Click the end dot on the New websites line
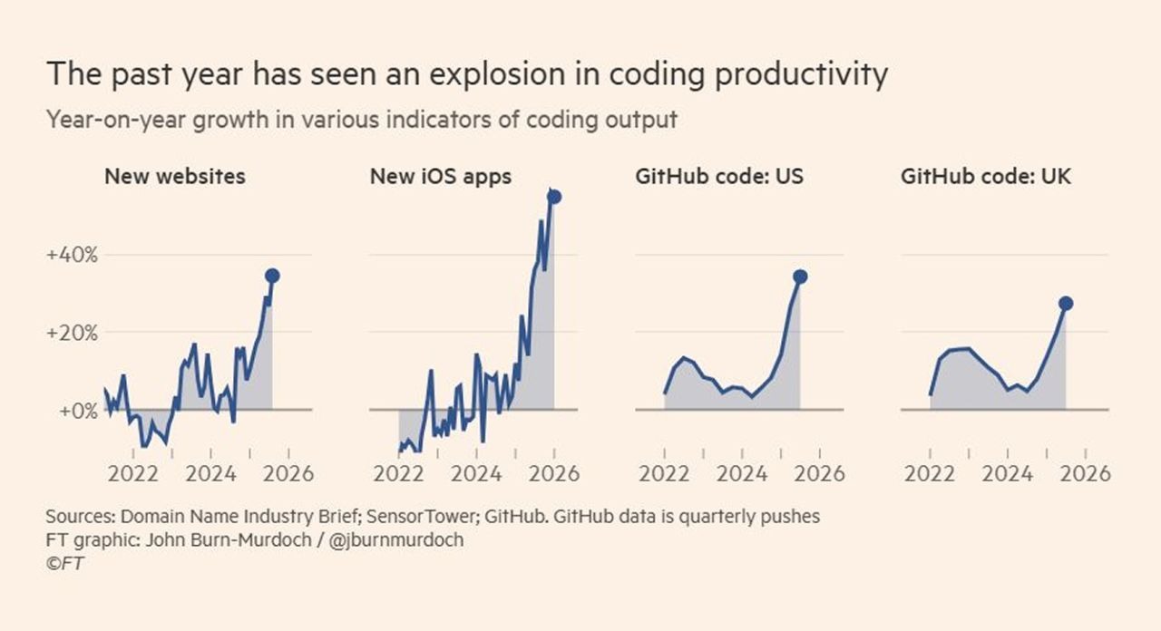click(x=272, y=276)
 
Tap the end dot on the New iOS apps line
click(x=554, y=197)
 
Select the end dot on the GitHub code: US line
click(x=800, y=277)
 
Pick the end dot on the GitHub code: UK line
click(x=1066, y=303)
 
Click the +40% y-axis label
click(x=72, y=255)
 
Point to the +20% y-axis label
click(x=72, y=333)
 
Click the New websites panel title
click(x=175, y=176)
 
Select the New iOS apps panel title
click(x=441, y=176)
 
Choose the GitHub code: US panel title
click(x=719, y=176)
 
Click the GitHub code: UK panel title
click(x=986, y=176)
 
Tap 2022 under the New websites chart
click(x=133, y=473)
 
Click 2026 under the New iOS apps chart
click(x=554, y=473)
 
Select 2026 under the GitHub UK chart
click(x=1086, y=473)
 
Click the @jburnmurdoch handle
click(x=409, y=539)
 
